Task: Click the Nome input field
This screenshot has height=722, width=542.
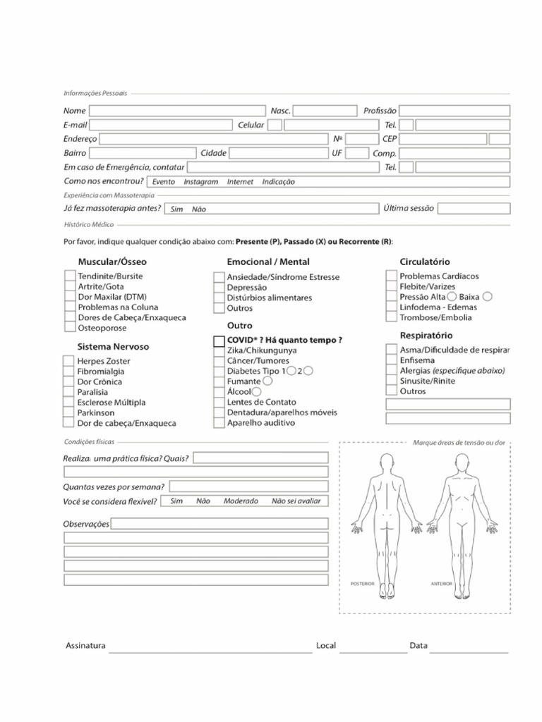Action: [x=176, y=111]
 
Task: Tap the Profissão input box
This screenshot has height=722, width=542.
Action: [x=454, y=111]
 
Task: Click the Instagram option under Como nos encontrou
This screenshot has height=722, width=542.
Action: [x=200, y=182]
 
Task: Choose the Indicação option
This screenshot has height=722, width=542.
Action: [x=279, y=182]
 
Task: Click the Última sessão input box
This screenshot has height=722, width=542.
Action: [x=474, y=209]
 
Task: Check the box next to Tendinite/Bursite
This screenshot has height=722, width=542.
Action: [x=69, y=277]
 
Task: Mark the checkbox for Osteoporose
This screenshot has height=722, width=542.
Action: [x=69, y=328]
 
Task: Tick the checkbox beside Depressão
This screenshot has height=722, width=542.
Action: [x=219, y=288]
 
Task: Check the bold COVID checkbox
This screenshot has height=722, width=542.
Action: [x=219, y=341]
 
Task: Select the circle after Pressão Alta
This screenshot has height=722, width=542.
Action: [x=452, y=297]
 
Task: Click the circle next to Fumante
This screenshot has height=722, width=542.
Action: [x=267, y=381]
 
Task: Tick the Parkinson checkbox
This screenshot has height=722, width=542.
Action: [x=69, y=412]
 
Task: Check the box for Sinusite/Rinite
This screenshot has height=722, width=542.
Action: [x=391, y=381]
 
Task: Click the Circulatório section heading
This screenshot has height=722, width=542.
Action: [x=425, y=262]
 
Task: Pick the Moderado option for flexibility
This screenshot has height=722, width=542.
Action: [x=241, y=501]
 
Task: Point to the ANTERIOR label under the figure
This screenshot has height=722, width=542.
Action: [x=442, y=584]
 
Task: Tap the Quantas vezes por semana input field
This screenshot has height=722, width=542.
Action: [x=248, y=487]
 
